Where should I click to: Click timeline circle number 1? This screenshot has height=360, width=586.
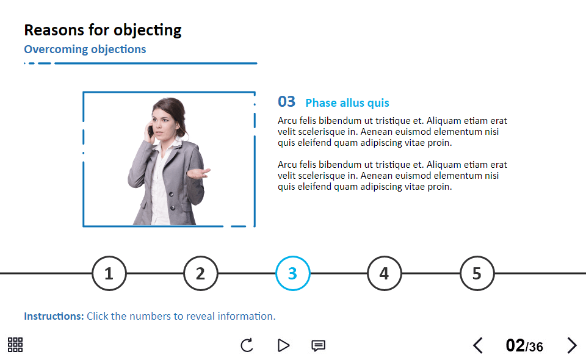pos(109,273)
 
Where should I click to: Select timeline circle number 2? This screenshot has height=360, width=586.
pos(201,273)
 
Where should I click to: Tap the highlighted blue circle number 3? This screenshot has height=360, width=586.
pos(292,273)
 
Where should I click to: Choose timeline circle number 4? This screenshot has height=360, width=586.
pos(385,273)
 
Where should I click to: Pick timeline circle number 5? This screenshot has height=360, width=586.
pos(477,273)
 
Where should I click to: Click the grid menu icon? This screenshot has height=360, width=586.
pos(15,345)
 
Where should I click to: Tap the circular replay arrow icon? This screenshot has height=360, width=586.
pos(247,345)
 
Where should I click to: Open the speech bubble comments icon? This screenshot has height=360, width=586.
pos(319,346)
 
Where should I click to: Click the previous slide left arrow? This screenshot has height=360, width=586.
pos(478,345)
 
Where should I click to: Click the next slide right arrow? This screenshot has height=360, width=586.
pos(572,345)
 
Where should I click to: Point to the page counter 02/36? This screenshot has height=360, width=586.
pos(524,346)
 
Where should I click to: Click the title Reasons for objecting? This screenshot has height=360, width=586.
pos(103,31)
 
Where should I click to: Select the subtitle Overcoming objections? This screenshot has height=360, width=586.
pos(85,49)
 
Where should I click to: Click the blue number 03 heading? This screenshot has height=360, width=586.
pos(287,102)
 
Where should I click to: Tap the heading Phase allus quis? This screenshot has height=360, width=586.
pos(347,103)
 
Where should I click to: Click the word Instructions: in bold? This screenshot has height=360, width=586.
pos(54,316)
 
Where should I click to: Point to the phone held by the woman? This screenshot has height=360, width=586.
pos(151,131)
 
